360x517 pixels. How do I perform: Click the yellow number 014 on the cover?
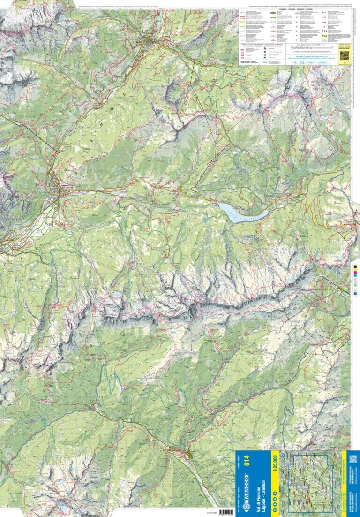point(254,464)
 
